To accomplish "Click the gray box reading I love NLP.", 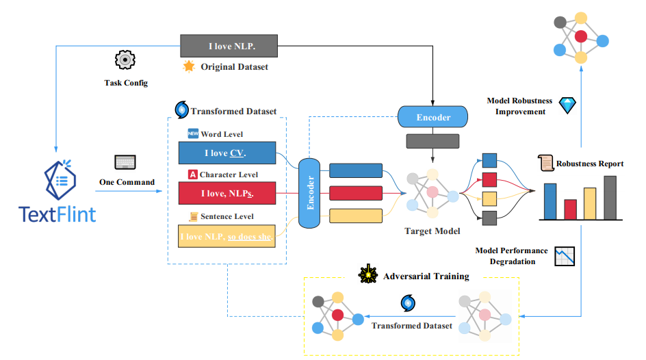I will click(x=229, y=46).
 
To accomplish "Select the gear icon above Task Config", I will click(x=125, y=60).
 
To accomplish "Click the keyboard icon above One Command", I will click(x=127, y=162).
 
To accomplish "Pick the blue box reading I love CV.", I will click(x=226, y=153).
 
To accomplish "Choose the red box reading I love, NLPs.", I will click(x=226, y=193).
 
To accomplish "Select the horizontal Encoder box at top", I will click(x=433, y=117).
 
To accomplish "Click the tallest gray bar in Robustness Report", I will click(x=610, y=197).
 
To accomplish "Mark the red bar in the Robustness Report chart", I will click(x=569, y=209).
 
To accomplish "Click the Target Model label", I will click(x=432, y=231).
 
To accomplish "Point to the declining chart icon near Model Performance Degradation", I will click(x=565, y=256).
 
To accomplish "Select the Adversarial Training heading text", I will click(x=426, y=277).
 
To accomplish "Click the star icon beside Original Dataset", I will click(x=189, y=67).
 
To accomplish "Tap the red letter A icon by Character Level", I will click(x=193, y=175).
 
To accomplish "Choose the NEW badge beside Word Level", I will click(x=193, y=134).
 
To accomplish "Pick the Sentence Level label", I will click(x=227, y=216).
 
